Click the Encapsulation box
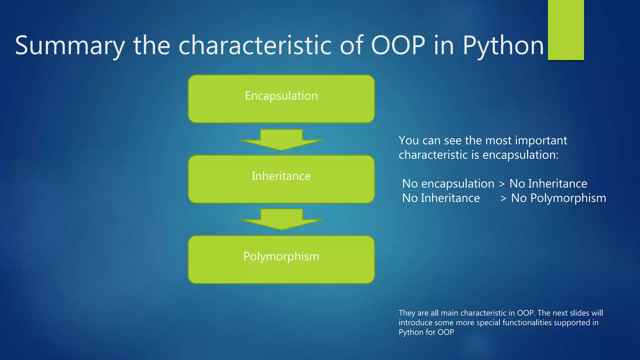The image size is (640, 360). [281, 99]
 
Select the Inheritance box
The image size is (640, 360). [281, 179]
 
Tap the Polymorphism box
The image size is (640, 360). [281, 259]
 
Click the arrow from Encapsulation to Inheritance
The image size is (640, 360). [281, 140]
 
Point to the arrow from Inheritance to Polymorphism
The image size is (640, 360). [281, 219]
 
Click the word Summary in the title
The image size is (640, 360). [70, 46]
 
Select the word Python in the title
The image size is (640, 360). [503, 46]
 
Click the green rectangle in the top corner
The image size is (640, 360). [566, 30]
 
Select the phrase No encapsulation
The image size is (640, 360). [448, 184]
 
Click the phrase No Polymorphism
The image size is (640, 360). [558, 198]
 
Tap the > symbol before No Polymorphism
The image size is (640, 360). [503, 198]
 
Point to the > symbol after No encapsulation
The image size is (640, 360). [502, 184]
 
